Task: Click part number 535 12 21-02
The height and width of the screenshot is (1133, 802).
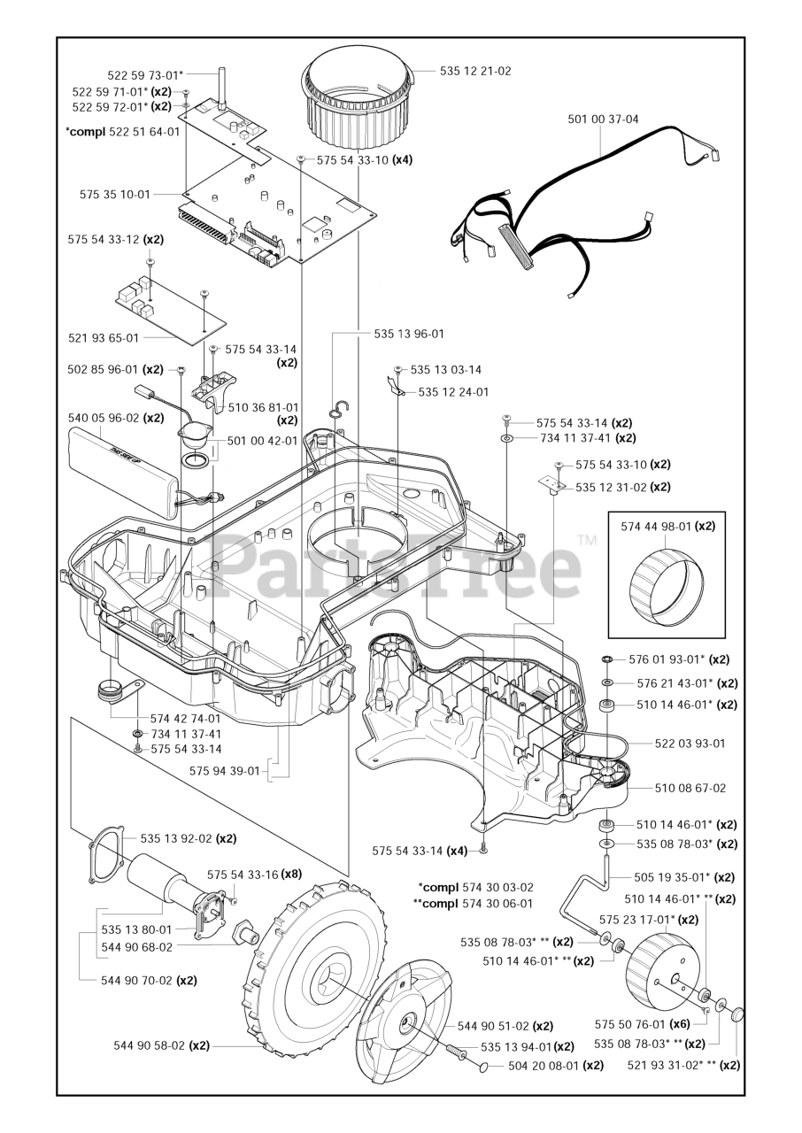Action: tap(475, 71)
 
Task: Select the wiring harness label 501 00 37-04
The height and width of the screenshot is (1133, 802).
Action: tap(603, 119)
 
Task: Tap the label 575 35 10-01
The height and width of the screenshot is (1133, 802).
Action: tap(115, 193)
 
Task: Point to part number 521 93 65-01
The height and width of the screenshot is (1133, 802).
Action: tap(104, 337)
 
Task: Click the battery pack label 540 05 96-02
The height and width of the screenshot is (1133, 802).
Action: tap(104, 418)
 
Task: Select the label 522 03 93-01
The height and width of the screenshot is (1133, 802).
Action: tap(690, 744)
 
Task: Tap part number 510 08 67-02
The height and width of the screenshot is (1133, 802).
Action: tap(690, 788)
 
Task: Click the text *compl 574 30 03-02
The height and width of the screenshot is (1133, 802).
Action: tap(475, 887)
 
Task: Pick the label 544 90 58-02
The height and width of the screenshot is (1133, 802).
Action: tap(149, 1045)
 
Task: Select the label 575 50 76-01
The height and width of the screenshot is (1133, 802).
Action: tap(629, 1021)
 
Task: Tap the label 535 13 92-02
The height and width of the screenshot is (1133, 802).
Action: tap(176, 838)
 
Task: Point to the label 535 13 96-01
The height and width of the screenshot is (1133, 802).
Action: tap(409, 334)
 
